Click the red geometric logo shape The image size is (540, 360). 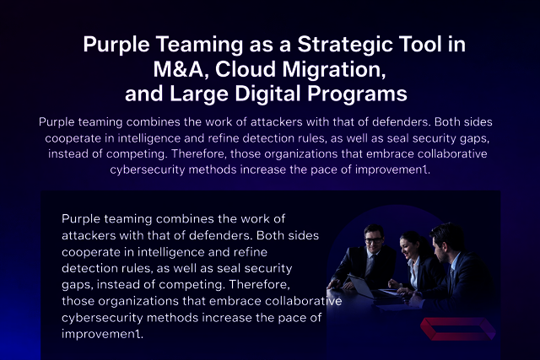coord(455,330)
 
